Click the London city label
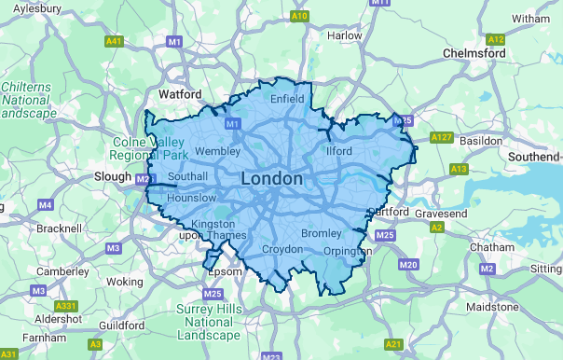(271, 178)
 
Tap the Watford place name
(180, 95)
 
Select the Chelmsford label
(475, 53)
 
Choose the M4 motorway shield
(46, 204)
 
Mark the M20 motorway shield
(408, 265)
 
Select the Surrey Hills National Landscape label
(210, 322)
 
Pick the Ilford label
(338, 150)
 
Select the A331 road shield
(66, 306)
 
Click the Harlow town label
(345, 35)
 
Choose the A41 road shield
(115, 41)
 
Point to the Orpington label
(347, 251)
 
